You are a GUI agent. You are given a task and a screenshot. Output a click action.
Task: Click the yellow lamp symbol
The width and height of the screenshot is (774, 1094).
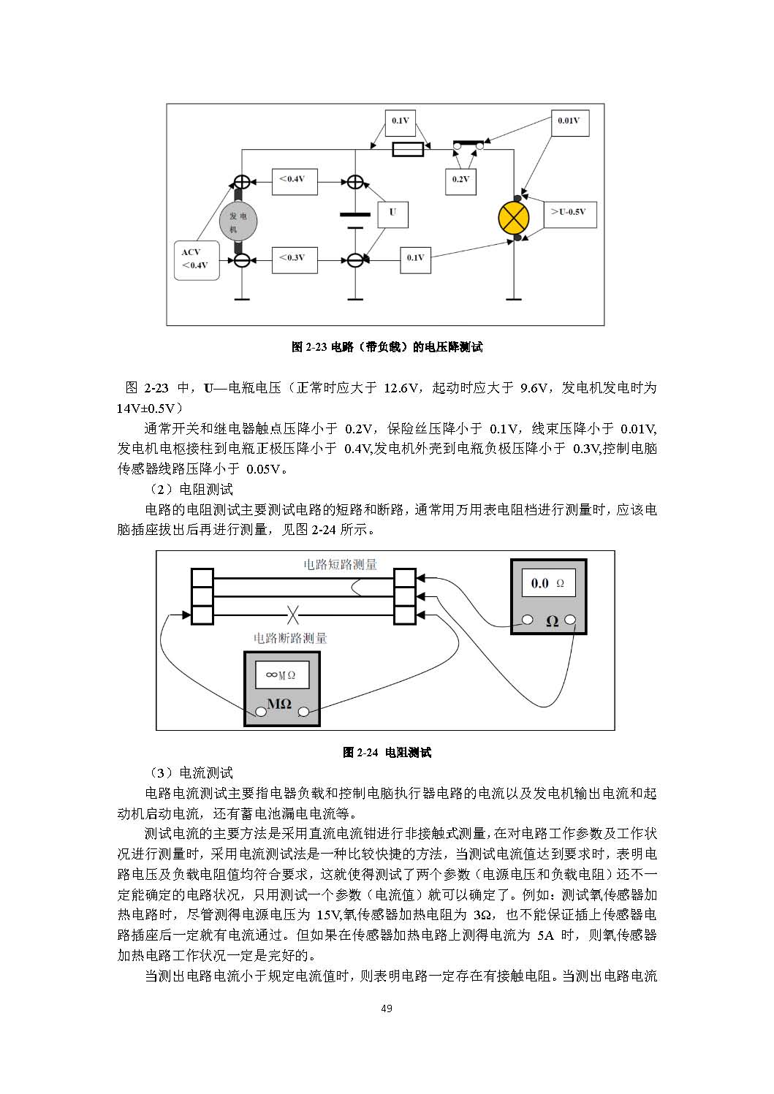coord(514,218)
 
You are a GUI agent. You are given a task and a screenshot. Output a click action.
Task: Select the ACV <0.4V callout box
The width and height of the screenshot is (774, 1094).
coord(197,259)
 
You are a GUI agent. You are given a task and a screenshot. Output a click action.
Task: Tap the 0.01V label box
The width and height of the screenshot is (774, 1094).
coord(568,121)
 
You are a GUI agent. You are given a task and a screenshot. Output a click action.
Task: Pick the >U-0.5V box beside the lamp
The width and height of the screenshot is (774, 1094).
coord(569,213)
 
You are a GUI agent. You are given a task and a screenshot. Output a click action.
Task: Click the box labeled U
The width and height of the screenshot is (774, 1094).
coord(392,213)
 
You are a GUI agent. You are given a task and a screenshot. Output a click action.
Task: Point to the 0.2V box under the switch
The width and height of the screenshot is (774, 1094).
coord(460,180)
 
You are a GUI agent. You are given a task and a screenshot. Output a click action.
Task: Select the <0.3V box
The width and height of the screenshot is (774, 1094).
coord(294,258)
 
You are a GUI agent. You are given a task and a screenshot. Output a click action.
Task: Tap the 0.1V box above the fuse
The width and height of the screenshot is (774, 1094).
coord(400,121)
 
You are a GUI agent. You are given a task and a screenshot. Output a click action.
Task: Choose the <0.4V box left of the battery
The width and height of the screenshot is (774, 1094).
coord(294,180)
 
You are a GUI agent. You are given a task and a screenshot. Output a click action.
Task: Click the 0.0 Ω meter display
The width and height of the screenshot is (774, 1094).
coord(547,583)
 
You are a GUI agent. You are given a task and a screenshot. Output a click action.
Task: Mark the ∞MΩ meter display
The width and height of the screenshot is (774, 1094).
coord(281,675)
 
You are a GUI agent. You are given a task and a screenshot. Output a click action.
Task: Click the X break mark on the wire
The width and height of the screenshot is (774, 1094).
coord(293,615)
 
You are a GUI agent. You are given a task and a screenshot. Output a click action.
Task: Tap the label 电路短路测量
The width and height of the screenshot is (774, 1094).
coord(340,564)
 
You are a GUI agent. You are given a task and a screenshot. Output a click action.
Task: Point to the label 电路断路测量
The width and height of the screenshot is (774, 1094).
coord(290,638)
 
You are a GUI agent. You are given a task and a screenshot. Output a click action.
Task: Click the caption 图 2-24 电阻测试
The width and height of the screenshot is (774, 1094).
coord(387,752)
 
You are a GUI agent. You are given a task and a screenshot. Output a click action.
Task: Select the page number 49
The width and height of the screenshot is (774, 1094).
coord(387,1008)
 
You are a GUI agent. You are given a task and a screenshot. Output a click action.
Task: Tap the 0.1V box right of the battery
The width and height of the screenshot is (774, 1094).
coord(415,258)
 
